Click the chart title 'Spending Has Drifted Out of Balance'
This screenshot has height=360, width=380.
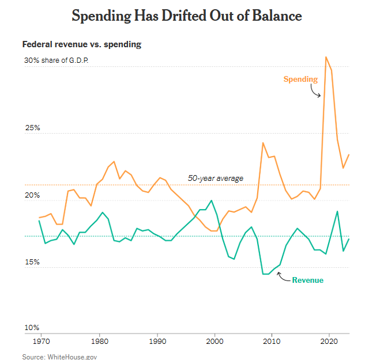[186, 16]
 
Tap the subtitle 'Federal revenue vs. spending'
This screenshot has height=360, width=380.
[81, 44]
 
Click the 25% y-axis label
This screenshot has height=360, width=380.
[31, 128]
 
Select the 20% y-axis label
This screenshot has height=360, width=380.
[31, 195]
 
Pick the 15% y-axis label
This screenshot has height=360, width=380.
[31, 262]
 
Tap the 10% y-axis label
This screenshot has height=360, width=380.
[31, 329]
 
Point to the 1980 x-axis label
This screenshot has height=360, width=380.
[100, 342]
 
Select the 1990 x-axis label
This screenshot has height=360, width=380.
[157, 342]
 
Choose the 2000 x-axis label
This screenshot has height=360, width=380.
[215, 342]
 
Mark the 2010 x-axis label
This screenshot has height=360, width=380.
[271, 342]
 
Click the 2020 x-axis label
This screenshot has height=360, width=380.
[329, 342]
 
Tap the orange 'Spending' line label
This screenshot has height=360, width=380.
[300, 79]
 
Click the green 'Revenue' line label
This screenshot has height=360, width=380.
[307, 280]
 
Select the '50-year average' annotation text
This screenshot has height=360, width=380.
[216, 178]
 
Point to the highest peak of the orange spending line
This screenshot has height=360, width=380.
[326, 57]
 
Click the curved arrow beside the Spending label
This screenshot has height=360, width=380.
[315, 91]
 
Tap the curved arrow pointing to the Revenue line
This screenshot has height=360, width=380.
[283, 276]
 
